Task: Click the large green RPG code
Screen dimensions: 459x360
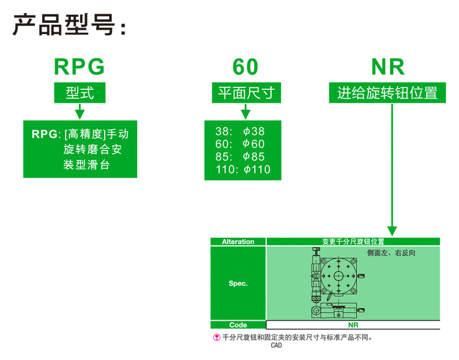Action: click(x=79, y=67)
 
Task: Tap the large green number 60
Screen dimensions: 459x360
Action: click(x=245, y=67)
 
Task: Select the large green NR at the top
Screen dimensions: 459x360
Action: click(x=388, y=67)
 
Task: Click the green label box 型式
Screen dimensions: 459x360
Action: click(x=79, y=93)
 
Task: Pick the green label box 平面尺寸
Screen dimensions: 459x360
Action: click(x=246, y=93)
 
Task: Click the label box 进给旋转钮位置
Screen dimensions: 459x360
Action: click(x=387, y=93)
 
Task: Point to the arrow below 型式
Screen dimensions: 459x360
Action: click(x=79, y=111)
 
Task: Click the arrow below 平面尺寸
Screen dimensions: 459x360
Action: click(x=246, y=111)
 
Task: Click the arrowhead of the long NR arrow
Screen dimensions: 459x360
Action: click(x=392, y=230)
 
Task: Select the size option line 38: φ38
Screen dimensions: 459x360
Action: click(x=240, y=131)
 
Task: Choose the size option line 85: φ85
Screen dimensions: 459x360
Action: click(x=240, y=157)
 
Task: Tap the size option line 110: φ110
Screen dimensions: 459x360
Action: click(x=243, y=170)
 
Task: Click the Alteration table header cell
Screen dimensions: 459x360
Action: click(x=238, y=242)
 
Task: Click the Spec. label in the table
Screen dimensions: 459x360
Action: click(x=238, y=283)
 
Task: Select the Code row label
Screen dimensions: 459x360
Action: click(x=238, y=325)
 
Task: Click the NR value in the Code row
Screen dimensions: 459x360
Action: click(x=353, y=325)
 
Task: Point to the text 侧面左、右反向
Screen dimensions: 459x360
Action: click(x=391, y=253)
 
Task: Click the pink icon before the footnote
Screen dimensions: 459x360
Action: click(x=216, y=338)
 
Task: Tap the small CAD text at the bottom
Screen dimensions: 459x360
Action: click(x=277, y=345)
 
